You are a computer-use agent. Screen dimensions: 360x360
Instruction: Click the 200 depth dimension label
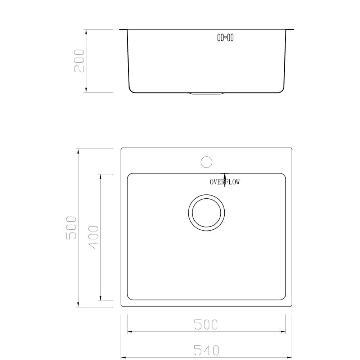[79, 61]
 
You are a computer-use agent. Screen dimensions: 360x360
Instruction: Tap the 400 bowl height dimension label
[94, 237]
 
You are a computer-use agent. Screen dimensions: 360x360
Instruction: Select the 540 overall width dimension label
[206, 350]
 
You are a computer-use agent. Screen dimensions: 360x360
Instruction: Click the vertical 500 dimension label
[71, 228]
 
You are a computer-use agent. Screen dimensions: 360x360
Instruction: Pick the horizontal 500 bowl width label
[206, 324]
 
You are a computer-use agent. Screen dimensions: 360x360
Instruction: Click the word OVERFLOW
[225, 182]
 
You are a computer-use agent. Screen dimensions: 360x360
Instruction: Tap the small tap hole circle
[206, 162]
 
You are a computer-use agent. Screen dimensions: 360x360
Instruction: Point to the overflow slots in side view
[225, 37]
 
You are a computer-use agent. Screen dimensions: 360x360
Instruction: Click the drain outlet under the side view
[206, 94]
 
